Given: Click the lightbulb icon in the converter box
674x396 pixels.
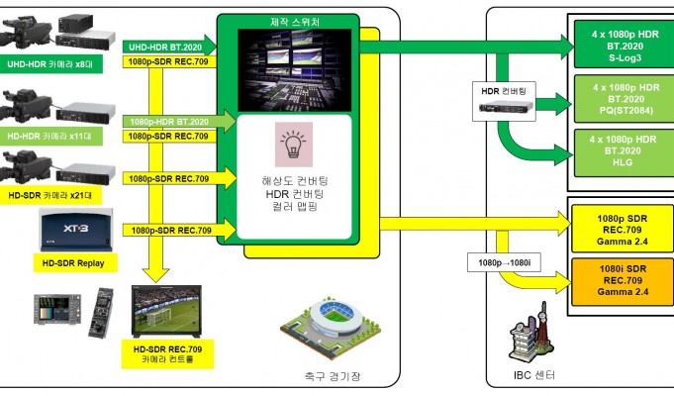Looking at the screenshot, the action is click(294, 145).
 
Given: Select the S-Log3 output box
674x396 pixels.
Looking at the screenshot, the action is click(625, 45).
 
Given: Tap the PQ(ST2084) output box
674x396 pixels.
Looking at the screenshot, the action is click(625, 99).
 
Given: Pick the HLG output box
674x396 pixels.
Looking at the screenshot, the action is click(625, 152).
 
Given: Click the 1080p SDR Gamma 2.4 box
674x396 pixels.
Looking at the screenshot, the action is click(623, 230).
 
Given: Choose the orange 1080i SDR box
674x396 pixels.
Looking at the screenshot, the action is click(623, 280).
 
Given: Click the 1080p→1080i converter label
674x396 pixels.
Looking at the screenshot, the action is click(504, 262).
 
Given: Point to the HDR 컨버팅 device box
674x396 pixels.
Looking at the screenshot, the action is click(504, 101).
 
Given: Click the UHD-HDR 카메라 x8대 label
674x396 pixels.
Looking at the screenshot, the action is click(49, 65).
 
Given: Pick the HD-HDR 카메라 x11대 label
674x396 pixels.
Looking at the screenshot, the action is click(49, 137).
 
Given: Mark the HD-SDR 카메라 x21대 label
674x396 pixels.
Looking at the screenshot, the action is click(49, 196).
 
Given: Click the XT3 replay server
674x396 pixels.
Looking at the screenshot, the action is click(76, 230).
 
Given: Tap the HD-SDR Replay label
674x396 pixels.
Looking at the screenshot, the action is click(75, 262).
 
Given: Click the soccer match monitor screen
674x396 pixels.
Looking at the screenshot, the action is click(166, 311).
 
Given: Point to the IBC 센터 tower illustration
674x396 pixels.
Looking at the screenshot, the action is click(531, 334).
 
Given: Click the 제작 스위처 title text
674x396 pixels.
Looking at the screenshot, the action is click(295, 22).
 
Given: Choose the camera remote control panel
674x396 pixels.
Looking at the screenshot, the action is click(101, 312).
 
